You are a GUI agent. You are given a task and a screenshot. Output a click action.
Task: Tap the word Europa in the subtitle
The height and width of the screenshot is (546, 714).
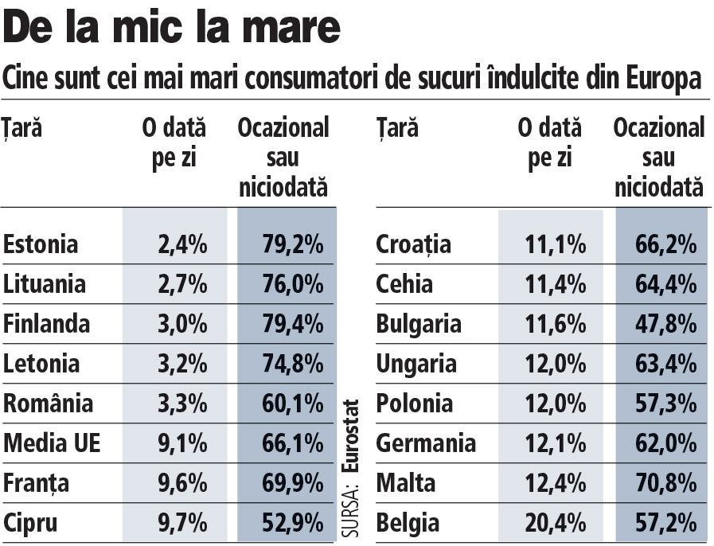click(x=663, y=80)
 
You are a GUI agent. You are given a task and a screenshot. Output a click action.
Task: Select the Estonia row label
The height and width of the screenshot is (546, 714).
click(x=41, y=244)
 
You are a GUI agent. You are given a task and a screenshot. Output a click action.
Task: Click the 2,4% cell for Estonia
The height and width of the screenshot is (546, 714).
click(x=182, y=244)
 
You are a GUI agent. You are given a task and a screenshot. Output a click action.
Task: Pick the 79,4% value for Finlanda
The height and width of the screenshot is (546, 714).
click(x=292, y=324)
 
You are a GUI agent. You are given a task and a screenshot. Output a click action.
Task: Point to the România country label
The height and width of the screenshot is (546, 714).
click(x=48, y=403)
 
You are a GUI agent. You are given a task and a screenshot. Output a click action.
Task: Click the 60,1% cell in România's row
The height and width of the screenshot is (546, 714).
click(x=292, y=403)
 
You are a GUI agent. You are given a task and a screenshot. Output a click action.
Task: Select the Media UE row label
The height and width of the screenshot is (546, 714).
click(x=52, y=443)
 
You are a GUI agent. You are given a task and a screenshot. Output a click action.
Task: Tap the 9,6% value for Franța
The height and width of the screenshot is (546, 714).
click(x=182, y=482)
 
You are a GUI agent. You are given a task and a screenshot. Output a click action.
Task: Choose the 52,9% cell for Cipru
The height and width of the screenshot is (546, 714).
click(x=292, y=523)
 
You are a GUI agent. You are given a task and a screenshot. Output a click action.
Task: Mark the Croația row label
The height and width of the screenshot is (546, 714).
click(x=413, y=244)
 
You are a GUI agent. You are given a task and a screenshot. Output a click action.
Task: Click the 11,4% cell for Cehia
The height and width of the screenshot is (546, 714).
click(x=551, y=283)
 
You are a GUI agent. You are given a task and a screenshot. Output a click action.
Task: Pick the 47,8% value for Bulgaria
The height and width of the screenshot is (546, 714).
click(x=665, y=324)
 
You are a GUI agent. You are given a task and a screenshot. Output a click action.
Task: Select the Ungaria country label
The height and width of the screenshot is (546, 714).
click(x=416, y=364)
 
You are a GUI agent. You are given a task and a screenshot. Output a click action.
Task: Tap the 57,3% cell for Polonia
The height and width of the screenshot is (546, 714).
click(x=665, y=403)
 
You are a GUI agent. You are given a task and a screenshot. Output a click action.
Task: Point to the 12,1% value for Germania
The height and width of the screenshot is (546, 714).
click(x=551, y=443)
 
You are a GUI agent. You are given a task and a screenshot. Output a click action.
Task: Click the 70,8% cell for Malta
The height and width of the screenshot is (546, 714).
click(x=665, y=482)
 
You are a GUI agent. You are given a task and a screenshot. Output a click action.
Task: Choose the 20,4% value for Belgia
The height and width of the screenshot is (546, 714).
click(x=551, y=523)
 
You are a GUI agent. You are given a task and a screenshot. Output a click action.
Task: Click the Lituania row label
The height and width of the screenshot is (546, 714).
click(x=45, y=283)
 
